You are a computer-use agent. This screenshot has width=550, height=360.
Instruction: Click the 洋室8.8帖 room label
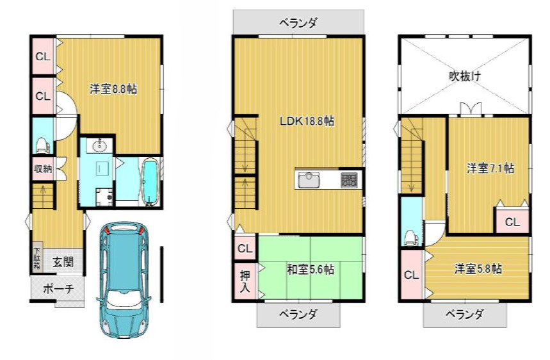point(113,88)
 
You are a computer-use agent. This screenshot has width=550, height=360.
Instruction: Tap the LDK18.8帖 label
point(307,122)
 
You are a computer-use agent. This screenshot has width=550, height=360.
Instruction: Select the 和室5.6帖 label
point(310,270)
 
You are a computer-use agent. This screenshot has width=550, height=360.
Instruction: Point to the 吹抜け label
point(465,76)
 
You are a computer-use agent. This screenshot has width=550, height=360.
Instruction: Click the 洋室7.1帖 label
point(490,168)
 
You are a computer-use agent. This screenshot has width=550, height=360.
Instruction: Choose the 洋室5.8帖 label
point(478,269)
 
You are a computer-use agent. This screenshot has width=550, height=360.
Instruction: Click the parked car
point(124,281)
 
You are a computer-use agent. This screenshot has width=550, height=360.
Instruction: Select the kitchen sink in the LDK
point(309,181)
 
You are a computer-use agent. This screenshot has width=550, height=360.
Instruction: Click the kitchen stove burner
point(349,181)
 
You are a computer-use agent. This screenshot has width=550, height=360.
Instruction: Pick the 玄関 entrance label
point(63,262)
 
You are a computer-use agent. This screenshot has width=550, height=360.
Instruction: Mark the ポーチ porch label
point(58,289)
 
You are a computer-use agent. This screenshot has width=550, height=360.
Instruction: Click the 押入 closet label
point(245,281)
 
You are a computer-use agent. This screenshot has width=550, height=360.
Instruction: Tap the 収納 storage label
point(43,168)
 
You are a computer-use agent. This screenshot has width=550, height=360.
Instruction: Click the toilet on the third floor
point(412,237)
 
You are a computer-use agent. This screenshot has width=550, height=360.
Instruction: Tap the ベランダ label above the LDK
point(298,23)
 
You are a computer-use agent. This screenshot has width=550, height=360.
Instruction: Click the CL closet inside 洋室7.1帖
point(512,221)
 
